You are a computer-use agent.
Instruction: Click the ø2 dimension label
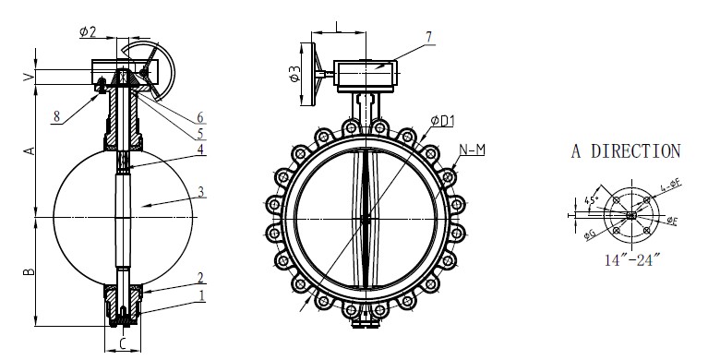pyautogui.click(x=89, y=31)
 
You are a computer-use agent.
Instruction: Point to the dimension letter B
pyautogui.click(x=28, y=271)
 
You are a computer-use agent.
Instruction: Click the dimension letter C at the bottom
pyautogui.click(x=123, y=344)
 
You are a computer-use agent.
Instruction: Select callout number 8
pyautogui.click(x=57, y=116)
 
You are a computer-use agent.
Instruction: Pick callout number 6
pyautogui.click(x=201, y=118)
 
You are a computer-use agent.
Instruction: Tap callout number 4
pyautogui.click(x=200, y=150)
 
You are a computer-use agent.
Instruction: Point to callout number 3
pyautogui.click(x=200, y=192)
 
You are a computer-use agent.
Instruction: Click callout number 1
pyautogui.click(x=201, y=295)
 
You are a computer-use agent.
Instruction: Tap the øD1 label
pyautogui.click(x=442, y=118)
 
